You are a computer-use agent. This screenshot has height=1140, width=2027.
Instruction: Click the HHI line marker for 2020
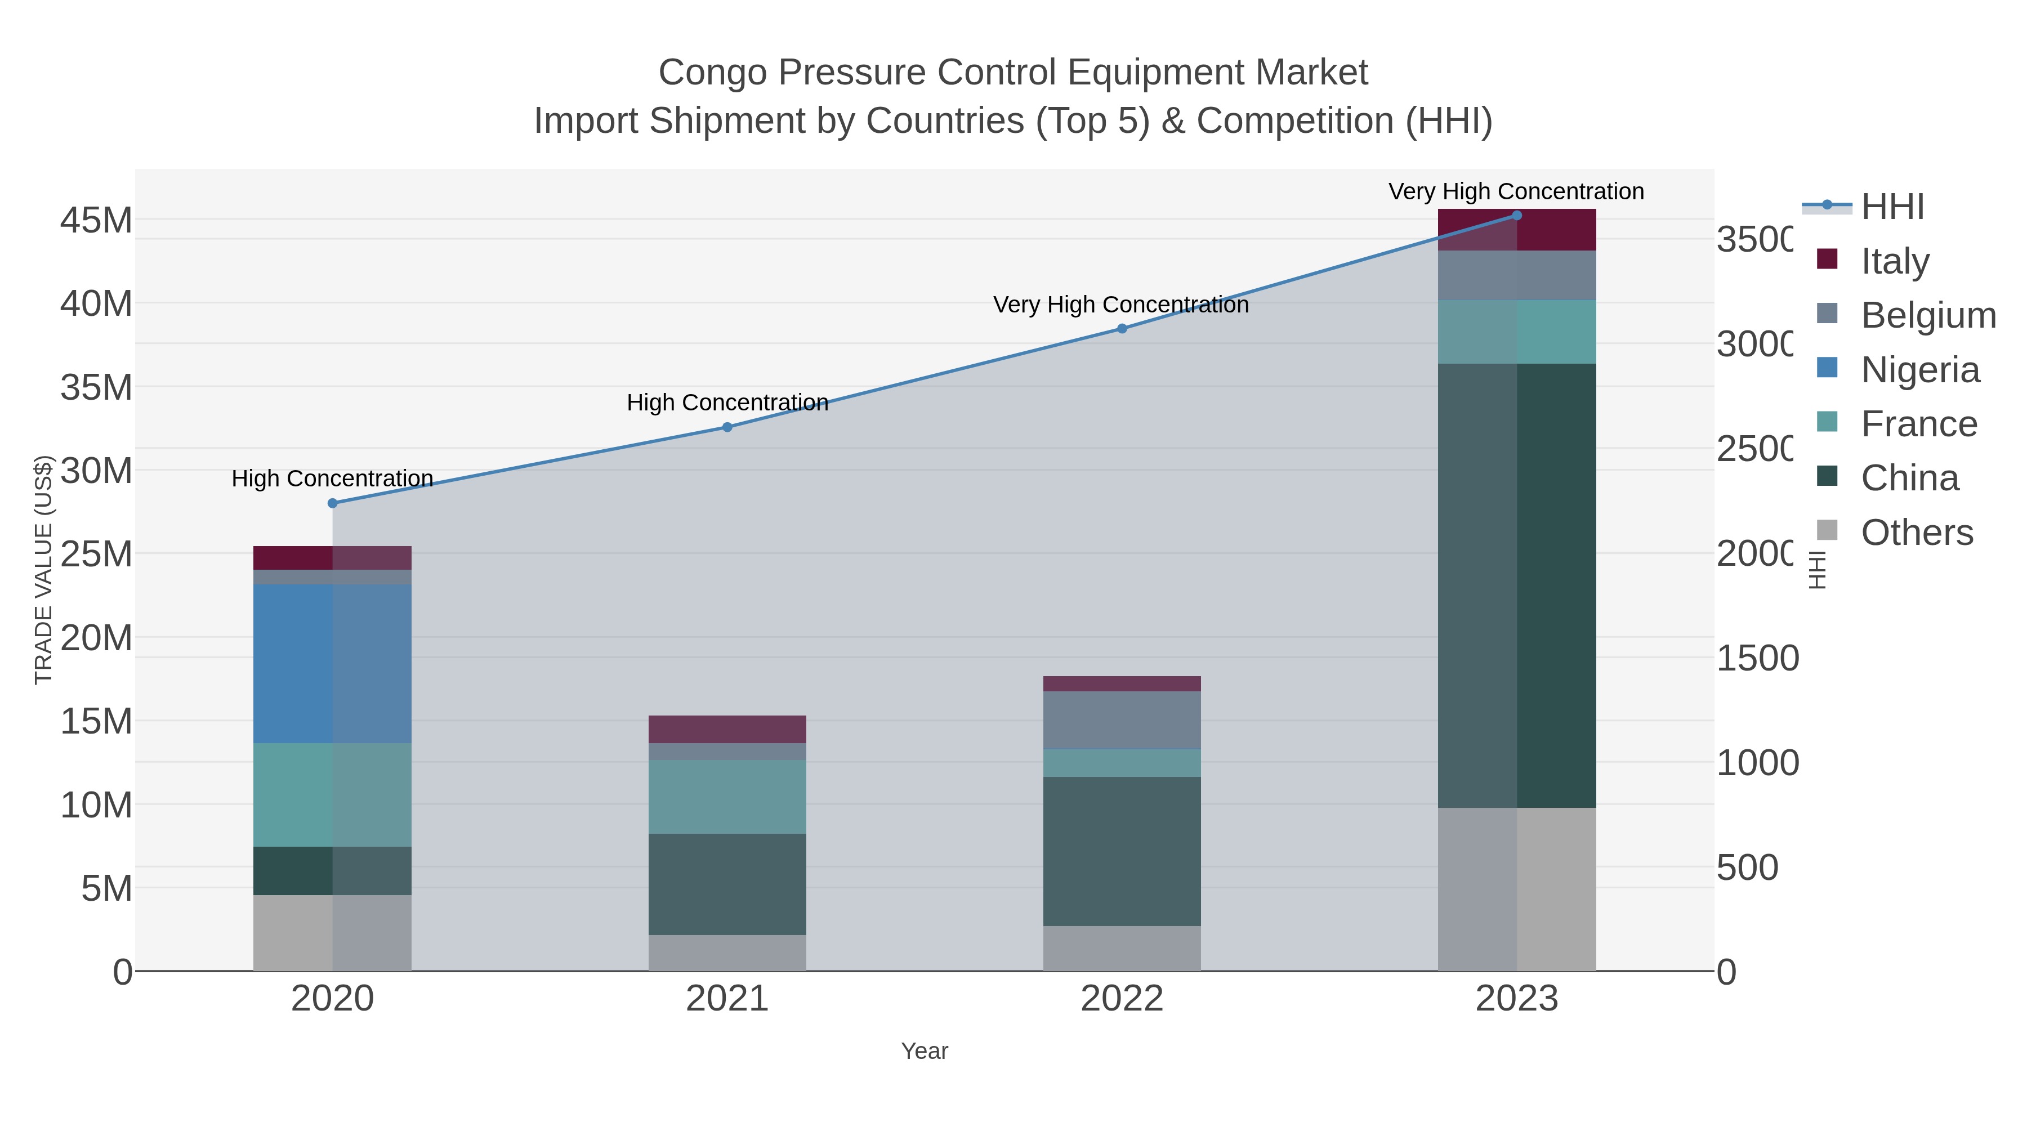tap(332, 503)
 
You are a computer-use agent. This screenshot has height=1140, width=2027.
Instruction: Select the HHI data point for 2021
tap(727, 427)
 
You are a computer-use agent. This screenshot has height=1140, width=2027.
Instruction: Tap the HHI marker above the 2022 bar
tap(1122, 329)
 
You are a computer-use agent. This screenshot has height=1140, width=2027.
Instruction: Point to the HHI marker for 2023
tap(1517, 216)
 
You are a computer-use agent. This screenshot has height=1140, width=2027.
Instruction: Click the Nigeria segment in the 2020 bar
tap(332, 663)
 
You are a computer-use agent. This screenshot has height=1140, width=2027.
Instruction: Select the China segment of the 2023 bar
tap(1517, 585)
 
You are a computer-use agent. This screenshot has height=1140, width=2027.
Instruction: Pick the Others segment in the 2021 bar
tap(727, 953)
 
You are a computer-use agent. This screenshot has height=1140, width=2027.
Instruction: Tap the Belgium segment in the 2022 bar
tap(1122, 720)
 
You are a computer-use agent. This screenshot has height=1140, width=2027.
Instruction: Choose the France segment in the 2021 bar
tap(727, 796)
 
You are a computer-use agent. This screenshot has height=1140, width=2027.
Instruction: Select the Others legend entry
tap(1917, 533)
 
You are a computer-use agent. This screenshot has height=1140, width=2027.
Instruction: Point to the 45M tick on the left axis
tap(96, 220)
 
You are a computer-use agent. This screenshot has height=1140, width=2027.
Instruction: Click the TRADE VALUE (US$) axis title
tap(44, 570)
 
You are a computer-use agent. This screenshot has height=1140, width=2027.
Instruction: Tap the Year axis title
tap(925, 1051)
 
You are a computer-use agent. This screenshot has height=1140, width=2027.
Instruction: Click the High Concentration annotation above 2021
tap(727, 403)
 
